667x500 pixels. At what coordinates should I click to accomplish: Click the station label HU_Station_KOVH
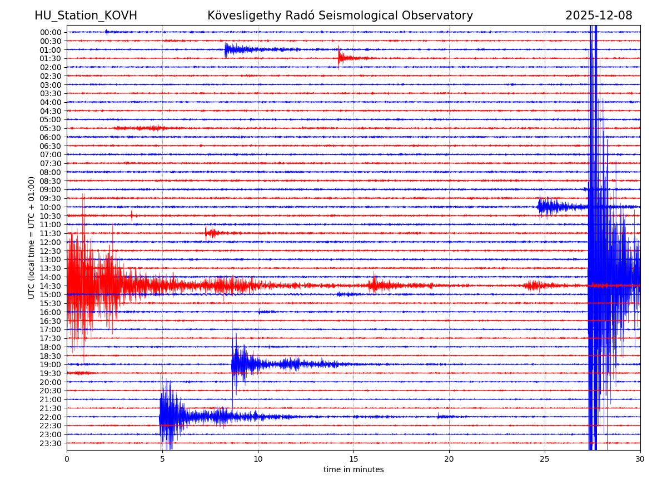[86, 16]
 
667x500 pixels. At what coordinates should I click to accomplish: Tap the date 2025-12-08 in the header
[599, 16]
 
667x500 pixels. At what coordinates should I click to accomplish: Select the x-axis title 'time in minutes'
[354, 470]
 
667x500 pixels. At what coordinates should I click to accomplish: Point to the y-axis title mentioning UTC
[32, 237]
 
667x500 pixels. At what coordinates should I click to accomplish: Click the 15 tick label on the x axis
[354, 459]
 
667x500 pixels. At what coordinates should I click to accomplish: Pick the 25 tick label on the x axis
[545, 459]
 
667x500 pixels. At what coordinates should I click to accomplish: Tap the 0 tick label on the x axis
[67, 459]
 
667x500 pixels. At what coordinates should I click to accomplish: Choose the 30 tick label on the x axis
[640, 459]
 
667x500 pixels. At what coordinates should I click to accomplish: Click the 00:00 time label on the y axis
[51, 32]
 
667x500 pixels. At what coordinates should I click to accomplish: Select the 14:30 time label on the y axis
[51, 286]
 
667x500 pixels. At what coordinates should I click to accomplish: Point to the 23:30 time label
[51, 443]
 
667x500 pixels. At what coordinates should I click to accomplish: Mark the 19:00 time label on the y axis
[51, 364]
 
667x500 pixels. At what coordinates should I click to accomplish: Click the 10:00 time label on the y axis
[51, 207]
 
